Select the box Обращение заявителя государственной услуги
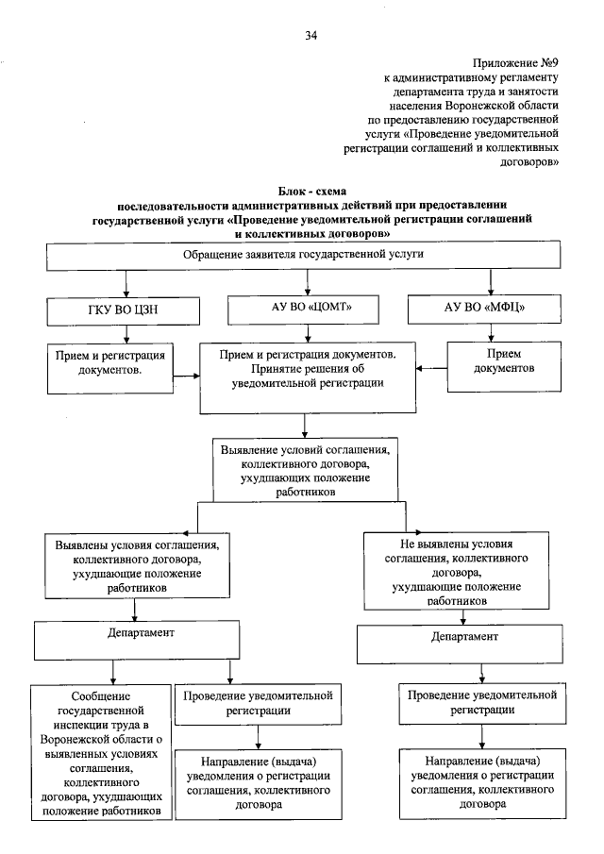click(303, 256)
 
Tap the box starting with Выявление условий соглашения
click(304, 467)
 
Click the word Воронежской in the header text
click(491, 106)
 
